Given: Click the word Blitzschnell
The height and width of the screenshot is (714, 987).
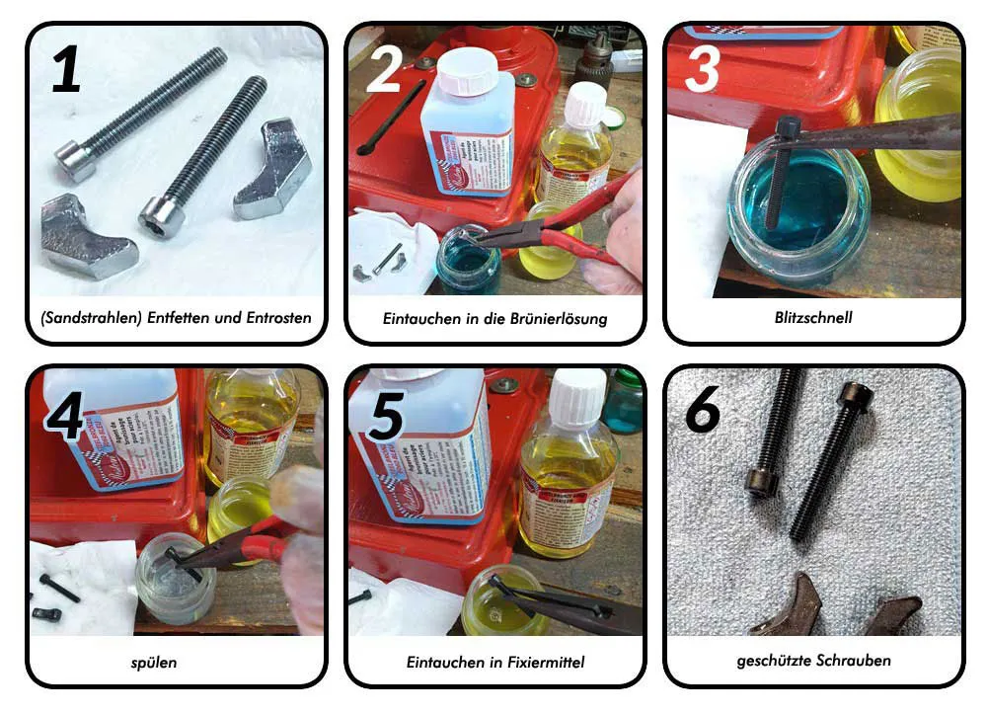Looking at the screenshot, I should (x=813, y=319).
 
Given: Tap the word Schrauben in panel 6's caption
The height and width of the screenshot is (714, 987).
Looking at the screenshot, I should (x=854, y=662).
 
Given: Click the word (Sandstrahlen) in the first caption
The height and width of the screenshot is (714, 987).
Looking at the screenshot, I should (x=85, y=319).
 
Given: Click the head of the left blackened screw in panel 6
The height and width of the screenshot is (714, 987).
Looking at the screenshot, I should (x=762, y=481).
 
